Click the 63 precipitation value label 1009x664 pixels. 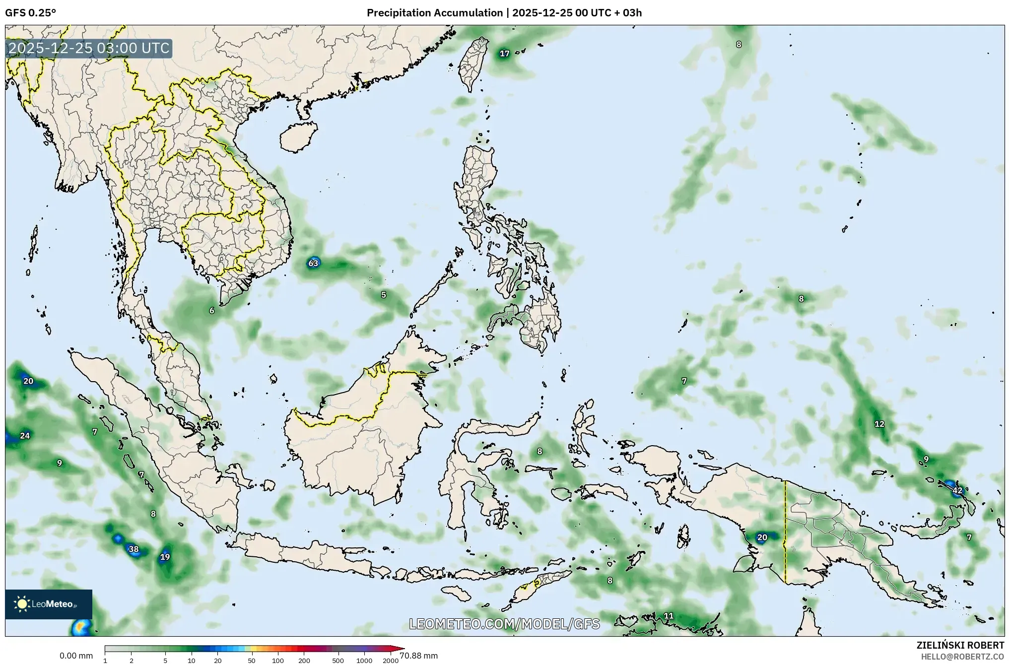[313, 263]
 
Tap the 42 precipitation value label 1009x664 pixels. [957, 490]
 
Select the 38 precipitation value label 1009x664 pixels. [134, 549]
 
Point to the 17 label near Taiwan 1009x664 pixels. [504, 54]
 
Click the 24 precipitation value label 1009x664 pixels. [25, 436]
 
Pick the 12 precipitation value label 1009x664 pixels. [879, 424]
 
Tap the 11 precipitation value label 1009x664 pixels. [669, 616]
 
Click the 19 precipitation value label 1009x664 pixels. [165, 557]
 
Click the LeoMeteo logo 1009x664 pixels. [49, 604]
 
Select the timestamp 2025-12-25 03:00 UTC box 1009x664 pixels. [89, 48]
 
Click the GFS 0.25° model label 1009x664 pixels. [31, 13]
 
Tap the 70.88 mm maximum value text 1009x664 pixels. [418, 656]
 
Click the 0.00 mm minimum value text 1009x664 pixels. [76, 656]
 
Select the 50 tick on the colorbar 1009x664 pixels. [252, 661]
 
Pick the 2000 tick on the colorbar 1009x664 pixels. [391, 661]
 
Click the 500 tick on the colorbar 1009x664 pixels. [338, 661]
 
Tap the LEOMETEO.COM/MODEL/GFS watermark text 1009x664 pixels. [504, 624]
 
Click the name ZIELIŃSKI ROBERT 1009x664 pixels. [960, 645]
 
